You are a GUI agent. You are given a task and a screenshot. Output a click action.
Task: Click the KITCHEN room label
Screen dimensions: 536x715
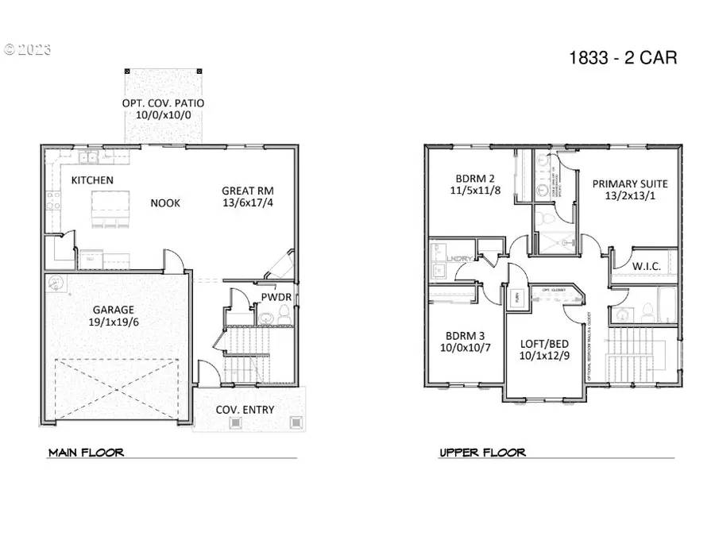coord(92,180)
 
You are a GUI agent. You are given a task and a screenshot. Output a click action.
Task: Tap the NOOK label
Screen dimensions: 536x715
coord(165,203)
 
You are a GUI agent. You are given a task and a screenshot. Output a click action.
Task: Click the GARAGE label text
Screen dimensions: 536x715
coord(112,309)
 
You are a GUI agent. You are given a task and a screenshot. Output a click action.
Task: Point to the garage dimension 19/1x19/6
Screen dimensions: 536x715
coord(112,322)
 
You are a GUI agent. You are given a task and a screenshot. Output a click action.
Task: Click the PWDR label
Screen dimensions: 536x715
coord(276,298)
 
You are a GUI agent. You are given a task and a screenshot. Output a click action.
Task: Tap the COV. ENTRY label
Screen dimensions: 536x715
coord(245,410)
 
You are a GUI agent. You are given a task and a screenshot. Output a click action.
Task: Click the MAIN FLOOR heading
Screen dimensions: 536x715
coord(86,453)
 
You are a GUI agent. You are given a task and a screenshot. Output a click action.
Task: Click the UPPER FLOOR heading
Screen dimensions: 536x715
coord(482,453)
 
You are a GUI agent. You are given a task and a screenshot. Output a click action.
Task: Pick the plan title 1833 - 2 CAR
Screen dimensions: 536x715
coord(624,57)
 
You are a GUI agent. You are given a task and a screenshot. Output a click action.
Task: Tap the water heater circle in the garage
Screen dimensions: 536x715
coord(55,282)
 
